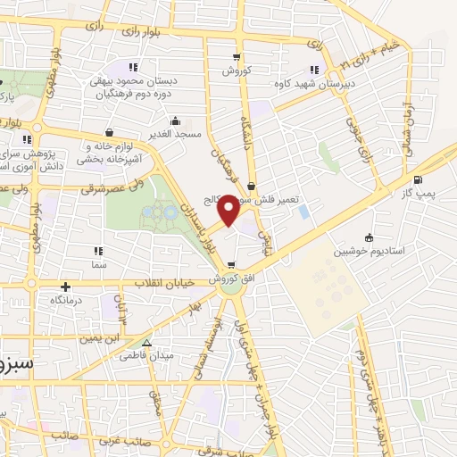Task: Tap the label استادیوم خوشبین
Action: (x=370, y=252)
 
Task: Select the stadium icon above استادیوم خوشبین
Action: (x=370, y=237)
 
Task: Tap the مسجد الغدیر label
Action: (x=177, y=133)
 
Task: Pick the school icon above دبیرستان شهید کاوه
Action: (x=313, y=71)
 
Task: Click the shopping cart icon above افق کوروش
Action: (x=232, y=265)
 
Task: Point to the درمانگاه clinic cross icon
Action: (x=65, y=287)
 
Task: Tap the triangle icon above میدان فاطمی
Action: (x=147, y=343)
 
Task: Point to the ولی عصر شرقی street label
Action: (x=64, y=188)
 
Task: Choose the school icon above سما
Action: (x=97, y=252)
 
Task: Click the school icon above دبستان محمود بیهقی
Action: (x=134, y=67)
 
